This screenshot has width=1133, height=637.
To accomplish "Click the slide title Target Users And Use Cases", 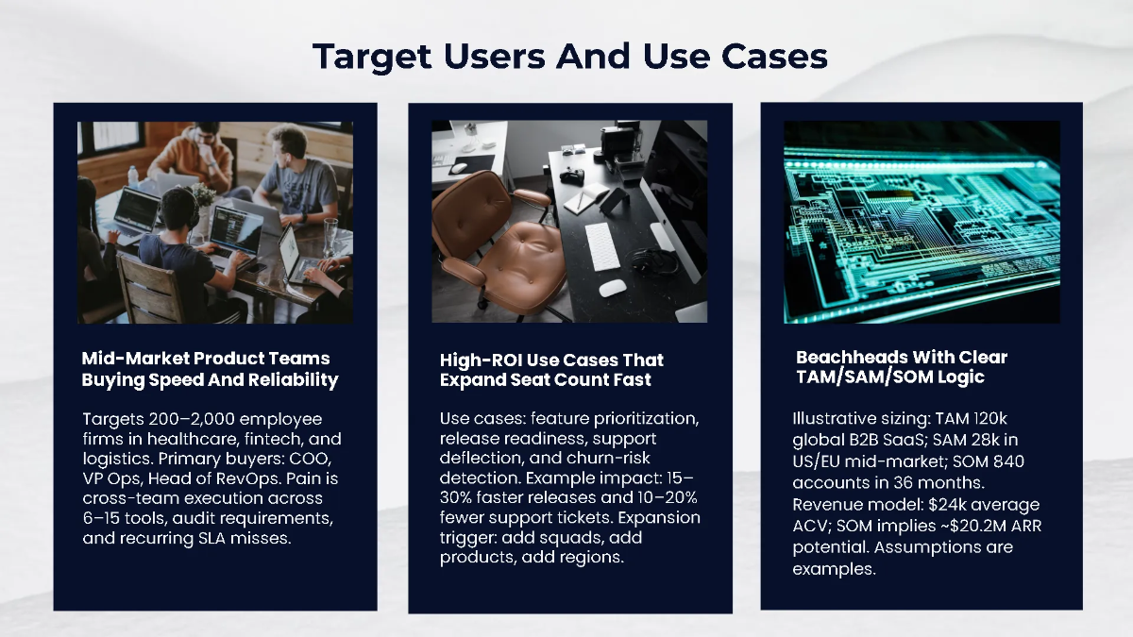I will coord(569,57).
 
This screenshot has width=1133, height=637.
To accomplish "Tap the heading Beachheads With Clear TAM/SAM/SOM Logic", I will coord(901,367).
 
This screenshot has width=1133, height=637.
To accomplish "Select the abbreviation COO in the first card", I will coord(319,461).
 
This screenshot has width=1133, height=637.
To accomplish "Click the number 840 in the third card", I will coord(1007,461).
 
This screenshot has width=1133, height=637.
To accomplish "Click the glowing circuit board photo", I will coord(921,222).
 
